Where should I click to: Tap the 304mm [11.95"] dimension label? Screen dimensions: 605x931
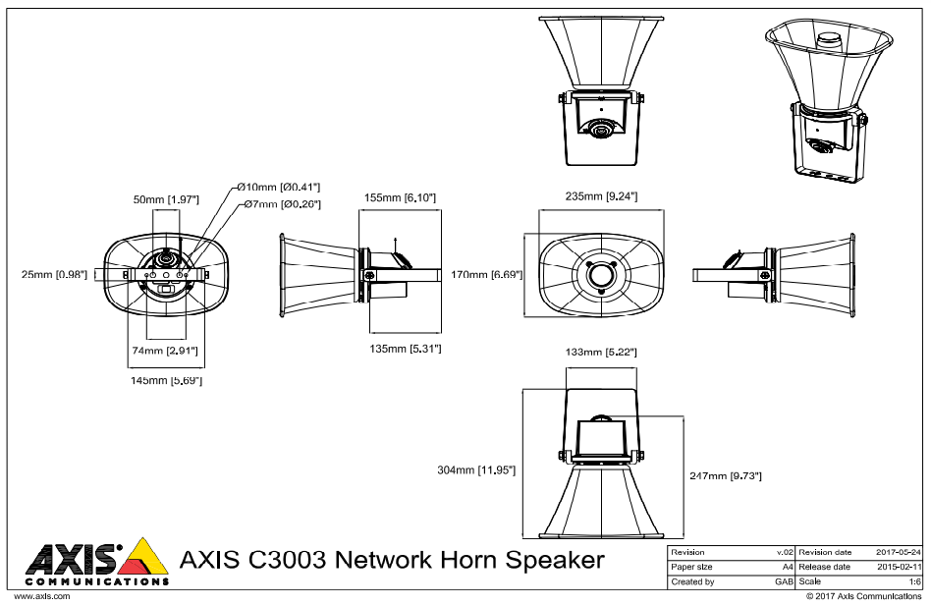[476, 469]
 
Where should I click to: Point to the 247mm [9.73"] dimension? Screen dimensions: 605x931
[726, 475]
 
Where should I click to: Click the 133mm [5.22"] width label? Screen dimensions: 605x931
[603, 352]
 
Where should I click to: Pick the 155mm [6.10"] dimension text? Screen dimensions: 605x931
[399, 197]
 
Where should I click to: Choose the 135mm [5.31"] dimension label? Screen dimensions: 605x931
[404, 349]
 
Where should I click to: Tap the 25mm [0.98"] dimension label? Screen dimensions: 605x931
[55, 274]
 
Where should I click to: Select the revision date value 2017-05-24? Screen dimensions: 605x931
[900, 553]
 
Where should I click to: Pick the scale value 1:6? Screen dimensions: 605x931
[914, 582]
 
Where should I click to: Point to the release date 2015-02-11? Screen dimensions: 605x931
[900, 568]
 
